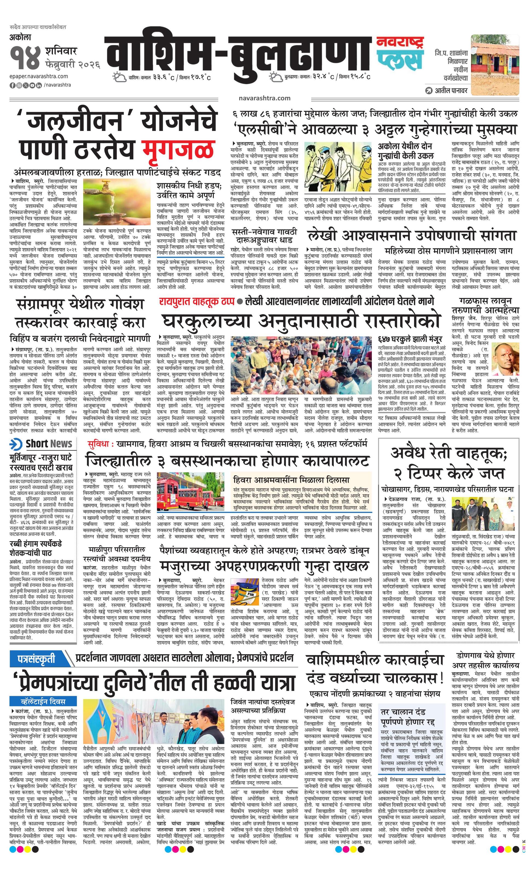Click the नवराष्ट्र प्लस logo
point(399,53)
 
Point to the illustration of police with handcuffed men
point(338,167)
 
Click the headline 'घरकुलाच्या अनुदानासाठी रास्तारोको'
point(301,321)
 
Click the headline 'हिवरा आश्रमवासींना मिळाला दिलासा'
point(291,480)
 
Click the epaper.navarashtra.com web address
point(39,76)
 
